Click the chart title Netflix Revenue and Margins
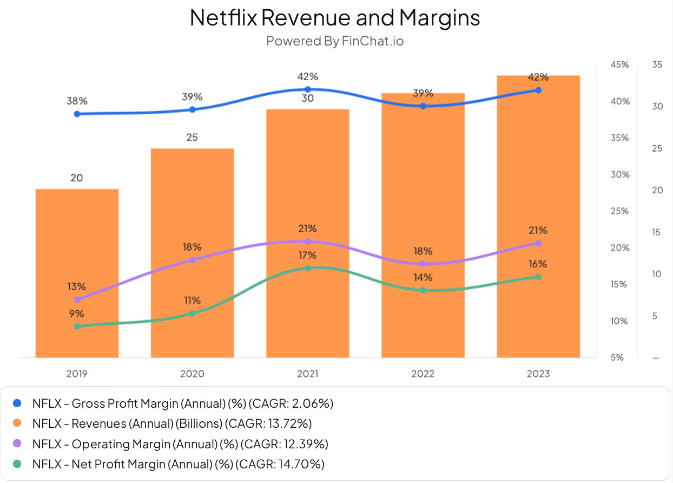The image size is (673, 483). (335, 18)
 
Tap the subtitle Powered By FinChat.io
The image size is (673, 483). (335, 41)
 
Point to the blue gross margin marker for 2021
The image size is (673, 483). (308, 89)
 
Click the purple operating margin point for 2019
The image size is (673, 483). (77, 299)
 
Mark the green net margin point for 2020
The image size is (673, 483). (192, 314)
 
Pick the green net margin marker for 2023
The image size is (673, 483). (538, 277)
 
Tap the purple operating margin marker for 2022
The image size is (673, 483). (423, 264)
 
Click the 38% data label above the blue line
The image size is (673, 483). (77, 101)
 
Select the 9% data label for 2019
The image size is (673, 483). (77, 314)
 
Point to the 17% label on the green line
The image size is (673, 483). (308, 255)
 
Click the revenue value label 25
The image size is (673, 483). (192, 138)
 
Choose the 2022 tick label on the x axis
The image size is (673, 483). (423, 374)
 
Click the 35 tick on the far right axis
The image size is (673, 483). (657, 64)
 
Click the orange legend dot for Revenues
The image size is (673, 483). (17, 423)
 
